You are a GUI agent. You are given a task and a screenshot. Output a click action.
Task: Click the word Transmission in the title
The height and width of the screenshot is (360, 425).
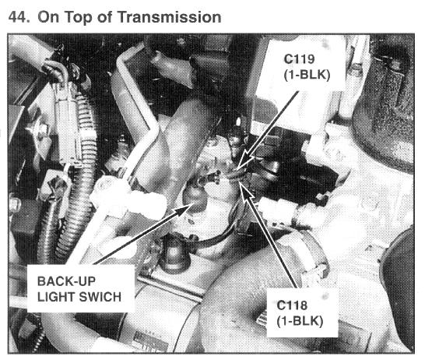pyautogui.click(x=170, y=17)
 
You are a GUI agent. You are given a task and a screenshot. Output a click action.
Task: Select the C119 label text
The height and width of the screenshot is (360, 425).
pyautogui.click(x=299, y=59)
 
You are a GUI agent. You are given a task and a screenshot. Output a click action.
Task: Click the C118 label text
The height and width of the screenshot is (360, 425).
pyautogui.click(x=292, y=305)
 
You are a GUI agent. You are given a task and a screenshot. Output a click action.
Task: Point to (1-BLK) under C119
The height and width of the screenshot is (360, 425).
pyautogui.click(x=307, y=75)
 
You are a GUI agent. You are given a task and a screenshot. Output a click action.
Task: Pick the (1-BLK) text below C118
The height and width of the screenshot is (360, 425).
pyautogui.click(x=300, y=321)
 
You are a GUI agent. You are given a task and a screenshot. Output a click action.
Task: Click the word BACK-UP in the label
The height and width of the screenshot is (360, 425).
pyautogui.click(x=66, y=281)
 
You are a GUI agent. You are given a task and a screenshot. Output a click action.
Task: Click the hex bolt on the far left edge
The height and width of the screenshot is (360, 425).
pyautogui.click(x=15, y=203)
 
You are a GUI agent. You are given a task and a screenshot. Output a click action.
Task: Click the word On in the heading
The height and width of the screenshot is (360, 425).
pyautogui.click(x=48, y=17)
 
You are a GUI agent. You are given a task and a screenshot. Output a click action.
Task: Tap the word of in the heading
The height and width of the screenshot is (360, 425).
pyautogui.click(x=104, y=17)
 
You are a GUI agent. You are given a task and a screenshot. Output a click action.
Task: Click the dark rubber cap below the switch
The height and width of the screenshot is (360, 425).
pyautogui.click(x=175, y=254)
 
